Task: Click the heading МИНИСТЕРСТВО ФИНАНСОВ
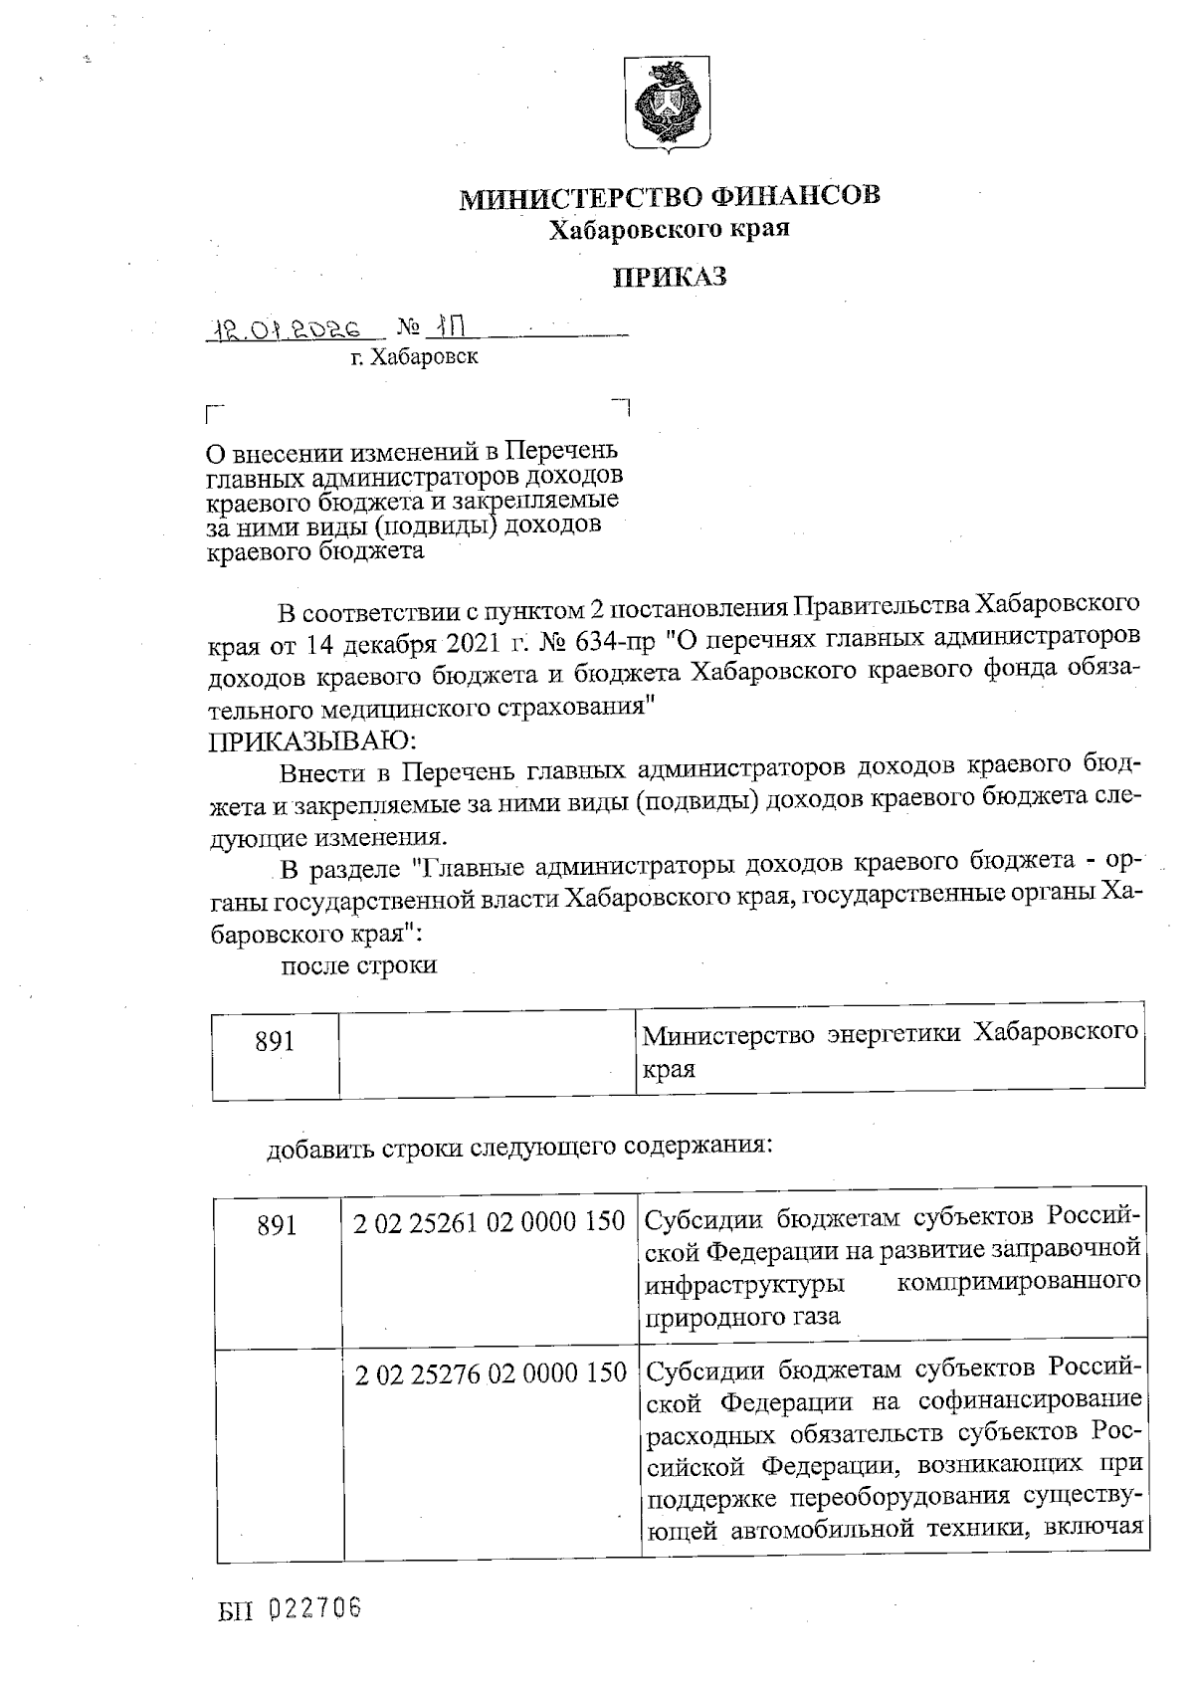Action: coord(669,196)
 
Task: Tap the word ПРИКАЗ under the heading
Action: coord(669,276)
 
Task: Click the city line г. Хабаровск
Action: coord(414,357)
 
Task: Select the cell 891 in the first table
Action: coord(276,1042)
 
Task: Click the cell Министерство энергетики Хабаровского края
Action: coord(890,1050)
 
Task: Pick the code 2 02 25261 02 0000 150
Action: coord(490,1221)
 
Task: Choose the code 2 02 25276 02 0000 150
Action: coord(491,1374)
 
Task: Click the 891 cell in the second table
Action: coord(278,1225)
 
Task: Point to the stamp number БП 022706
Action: coord(290,1607)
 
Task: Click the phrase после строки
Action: coord(360,965)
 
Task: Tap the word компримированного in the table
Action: coord(1018,1282)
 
